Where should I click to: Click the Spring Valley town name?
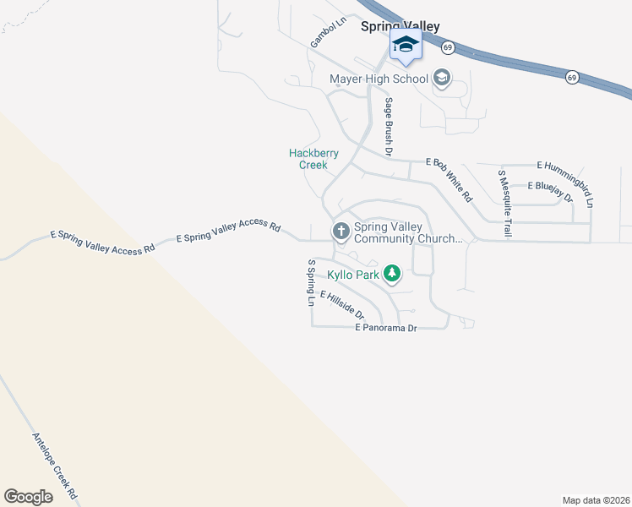click(x=400, y=27)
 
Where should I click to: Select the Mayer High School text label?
click(x=379, y=79)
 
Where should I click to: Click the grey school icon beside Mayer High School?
click(x=441, y=79)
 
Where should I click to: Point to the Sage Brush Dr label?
click(x=389, y=128)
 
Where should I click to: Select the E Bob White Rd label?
click(x=449, y=178)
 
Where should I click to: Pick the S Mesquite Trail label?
click(x=504, y=203)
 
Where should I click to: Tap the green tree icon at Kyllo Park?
click(x=391, y=274)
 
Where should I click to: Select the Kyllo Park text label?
click(x=353, y=275)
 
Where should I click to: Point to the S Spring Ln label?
click(x=311, y=282)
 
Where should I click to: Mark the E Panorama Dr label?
click(x=386, y=327)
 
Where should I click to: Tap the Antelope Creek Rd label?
click(x=55, y=465)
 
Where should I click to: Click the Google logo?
click(x=28, y=497)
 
